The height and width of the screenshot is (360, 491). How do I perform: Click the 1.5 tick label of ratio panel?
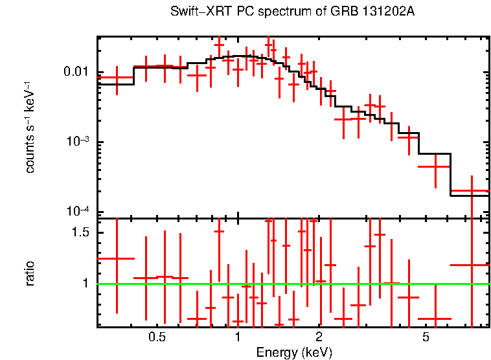pyautogui.click(x=84, y=232)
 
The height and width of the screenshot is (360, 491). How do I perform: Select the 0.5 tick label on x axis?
pyautogui.click(x=157, y=337)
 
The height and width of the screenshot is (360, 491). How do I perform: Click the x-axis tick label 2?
pyautogui.click(x=319, y=337)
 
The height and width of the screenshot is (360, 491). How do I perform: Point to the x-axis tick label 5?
pyautogui.click(x=426, y=337)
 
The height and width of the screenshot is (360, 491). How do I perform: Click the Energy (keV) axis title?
pyautogui.click(x=294, y=352)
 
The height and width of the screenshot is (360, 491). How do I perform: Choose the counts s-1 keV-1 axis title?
pyautogui.click(x=30, y=127)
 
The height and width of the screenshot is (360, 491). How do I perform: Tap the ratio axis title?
pyautogui.click(x=30, y=273)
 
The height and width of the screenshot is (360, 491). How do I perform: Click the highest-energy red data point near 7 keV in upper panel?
pyautogui.click(x=472, y=191)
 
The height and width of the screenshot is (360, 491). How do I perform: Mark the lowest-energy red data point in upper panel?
pyautogui.click(x=117, y=78)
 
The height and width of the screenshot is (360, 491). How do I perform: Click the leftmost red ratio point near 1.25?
pyautogui.click(x=117, y=258)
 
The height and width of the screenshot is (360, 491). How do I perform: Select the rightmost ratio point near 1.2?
pyautogui.click(x=472, y=265)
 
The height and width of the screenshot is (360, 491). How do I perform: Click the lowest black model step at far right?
pyautogui.click(x=470, y=196)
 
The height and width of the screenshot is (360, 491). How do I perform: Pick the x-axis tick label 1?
pyautogui.click(x=238, y=337)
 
